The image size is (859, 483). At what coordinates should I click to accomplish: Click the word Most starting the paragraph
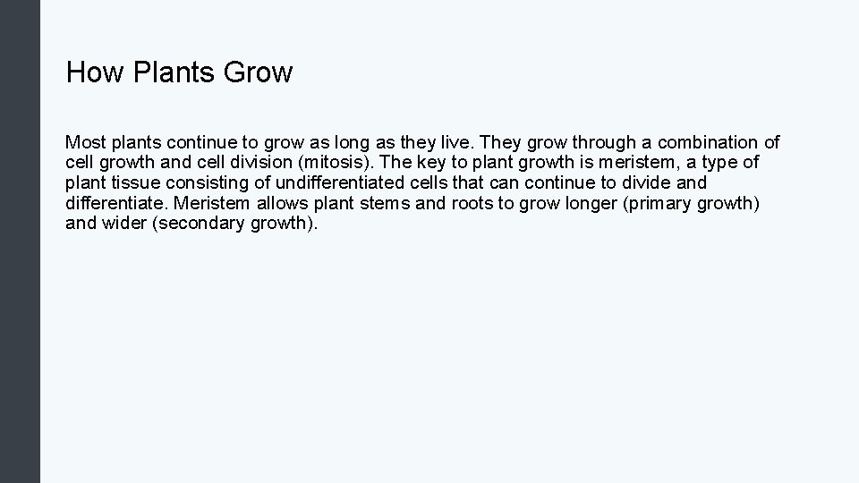point(86,142)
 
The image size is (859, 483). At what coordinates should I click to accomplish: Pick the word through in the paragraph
point(603,142)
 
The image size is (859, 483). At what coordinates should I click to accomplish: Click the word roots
point(472,204)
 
